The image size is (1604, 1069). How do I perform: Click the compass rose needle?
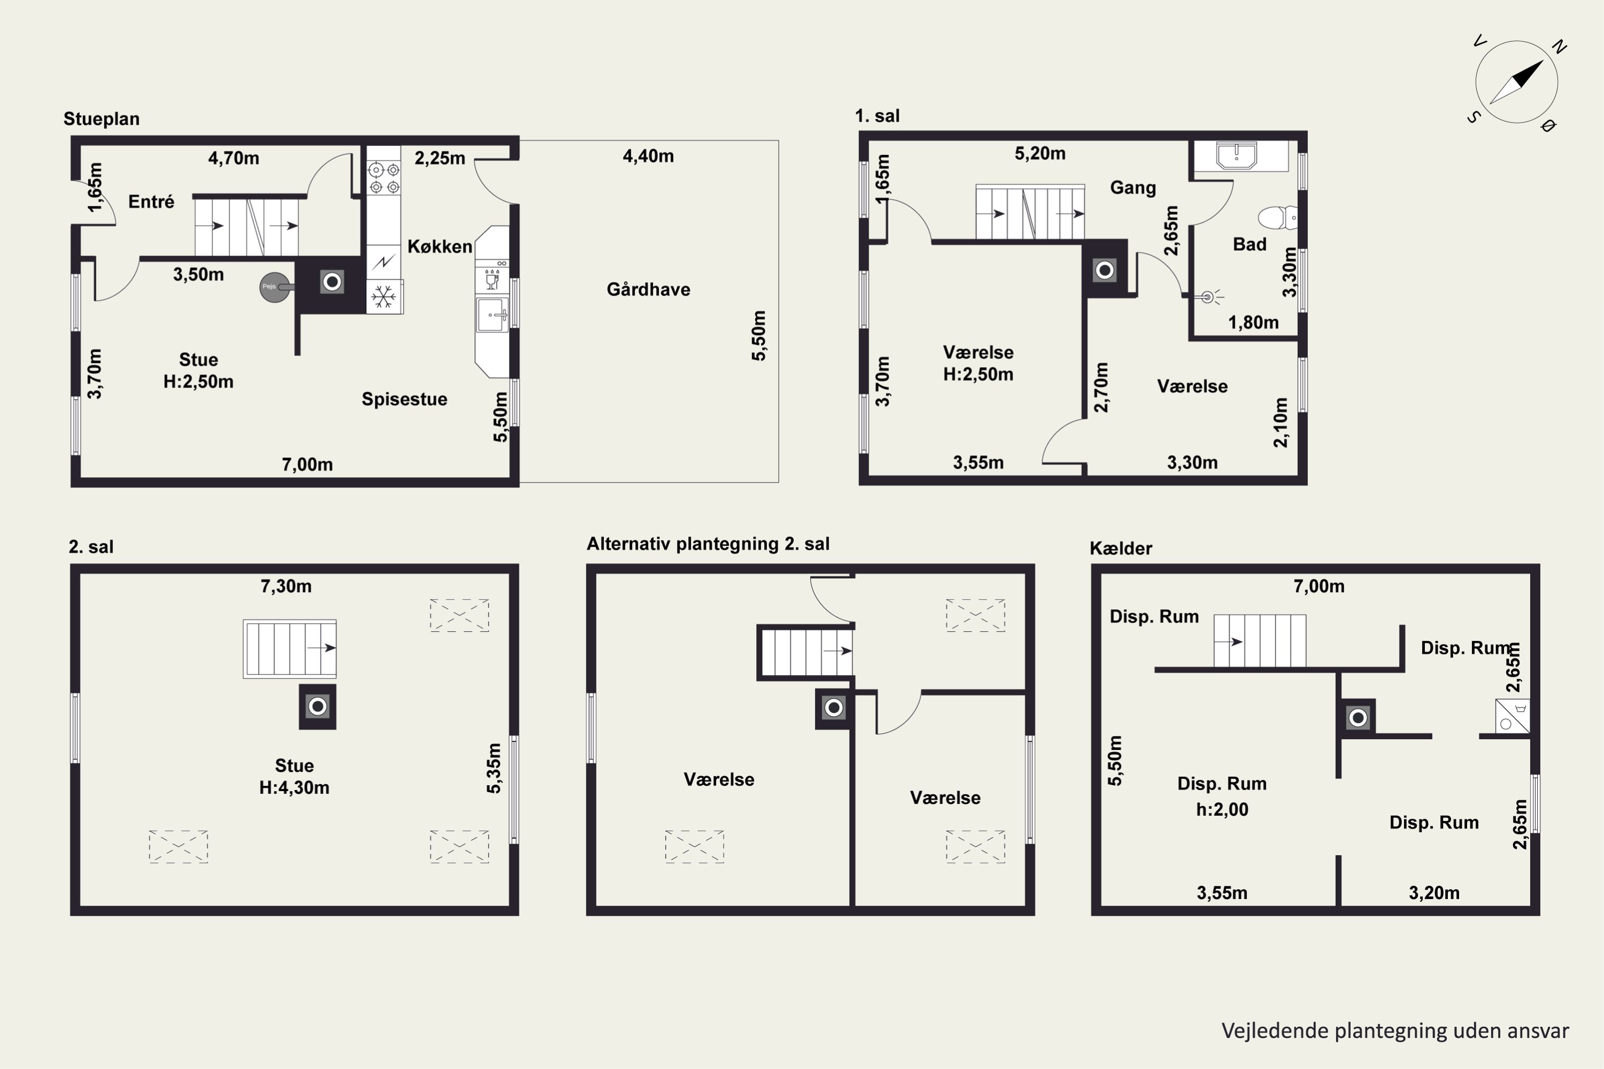point(1517,82)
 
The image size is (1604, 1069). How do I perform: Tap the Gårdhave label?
point(648,290)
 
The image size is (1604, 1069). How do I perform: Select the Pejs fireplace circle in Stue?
point(273,287)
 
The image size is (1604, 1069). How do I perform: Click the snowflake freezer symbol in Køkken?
point(384,297)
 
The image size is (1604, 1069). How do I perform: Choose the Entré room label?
point(151,202)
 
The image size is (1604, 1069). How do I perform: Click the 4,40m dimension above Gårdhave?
point(648,156)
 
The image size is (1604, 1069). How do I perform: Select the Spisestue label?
point(404,399)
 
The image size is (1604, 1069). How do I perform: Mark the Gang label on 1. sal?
point(1133,188)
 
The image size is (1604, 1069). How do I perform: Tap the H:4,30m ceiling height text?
point(294,787)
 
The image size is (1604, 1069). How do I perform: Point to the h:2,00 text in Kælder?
point(1222,809)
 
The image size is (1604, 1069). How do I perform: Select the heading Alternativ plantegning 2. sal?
point(708,544)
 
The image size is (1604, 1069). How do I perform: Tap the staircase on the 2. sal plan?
point(290,648)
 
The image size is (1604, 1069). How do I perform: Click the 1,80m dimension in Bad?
point(1253,322)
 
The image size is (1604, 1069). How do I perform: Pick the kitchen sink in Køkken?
point(492,314)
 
